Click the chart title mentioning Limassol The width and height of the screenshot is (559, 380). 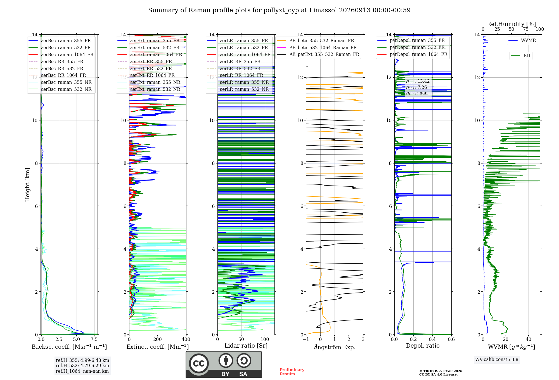pyautogui.click(x=279, y=10)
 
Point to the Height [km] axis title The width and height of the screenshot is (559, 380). pyautogui.click(x=27, y=185)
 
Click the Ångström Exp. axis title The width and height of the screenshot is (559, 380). pyautogui.click(x=335, y=347)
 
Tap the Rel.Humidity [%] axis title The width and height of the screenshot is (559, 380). pyautogui.click(x=511, y=24)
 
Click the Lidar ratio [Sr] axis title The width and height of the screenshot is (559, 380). pyautogui.click(x=246, y=346)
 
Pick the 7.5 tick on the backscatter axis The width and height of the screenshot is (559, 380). pyautogui.click(x=94, y=339)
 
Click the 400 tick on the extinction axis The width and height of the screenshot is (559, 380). pyautogui.click(x=186, y=339)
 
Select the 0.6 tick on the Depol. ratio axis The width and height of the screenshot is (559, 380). pyautogui.click(x=451, y=339)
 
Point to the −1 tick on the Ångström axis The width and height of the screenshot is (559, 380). pyautogui.click(x=306, y=339)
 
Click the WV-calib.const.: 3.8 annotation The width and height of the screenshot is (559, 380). pyautogui.click(x=497, y=360)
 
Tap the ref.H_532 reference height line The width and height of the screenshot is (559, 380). pyautogui.click(x=82, y=365)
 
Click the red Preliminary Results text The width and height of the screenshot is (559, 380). pyautogui.click(x=292, y=372)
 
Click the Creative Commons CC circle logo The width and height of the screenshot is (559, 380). pyautogui.click(x=199, y=363)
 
